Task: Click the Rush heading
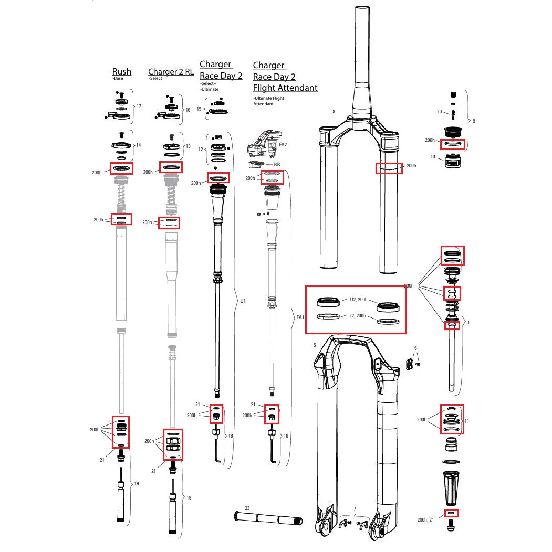click(x=121, y=71)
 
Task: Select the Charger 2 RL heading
click(x=171, y=72)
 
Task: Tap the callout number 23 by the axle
click(x=247, y=508)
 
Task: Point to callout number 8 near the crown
click(x=334, y=111)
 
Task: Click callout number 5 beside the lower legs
click(x=315, y=345)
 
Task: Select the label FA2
click(x=283, y=144)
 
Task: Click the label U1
click(x=243, y=301)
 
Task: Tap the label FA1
click(x=300, y=317)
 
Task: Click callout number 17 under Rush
click(x=139, y=107)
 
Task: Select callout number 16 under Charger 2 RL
click(x=188, y=110)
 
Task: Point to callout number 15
click(x=199, y=109)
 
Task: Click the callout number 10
click(x=433, y=157)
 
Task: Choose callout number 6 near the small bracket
click(x=415, y=348)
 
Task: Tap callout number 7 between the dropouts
click(x=355, y=509)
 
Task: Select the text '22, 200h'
click(x=358, y=316)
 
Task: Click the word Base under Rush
click(x=118, y=79)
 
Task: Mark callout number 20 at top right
click(x=440, y=112)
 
